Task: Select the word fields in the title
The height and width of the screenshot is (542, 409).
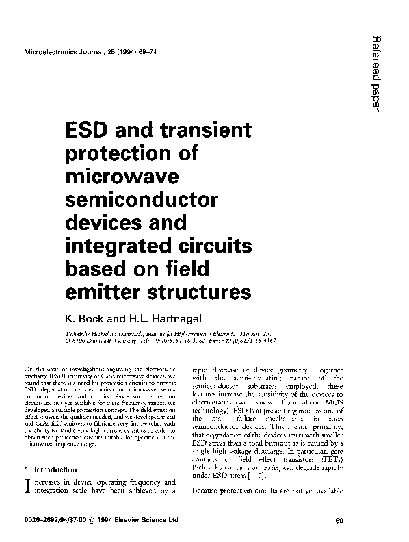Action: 227,270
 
